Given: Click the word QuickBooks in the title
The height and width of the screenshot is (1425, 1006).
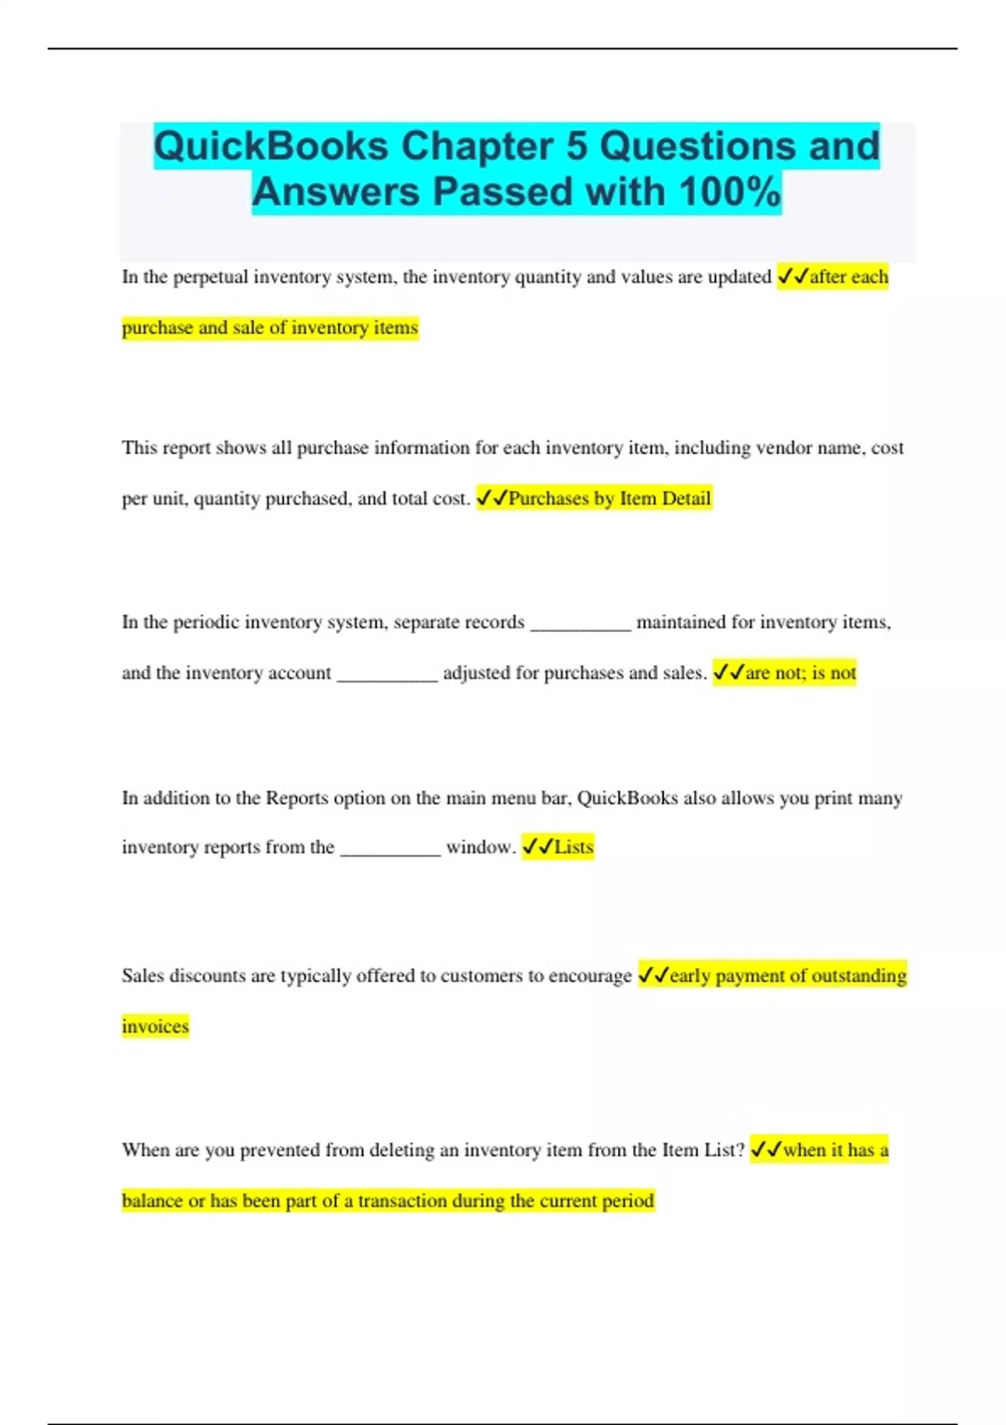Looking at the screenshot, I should (x=271, y=146).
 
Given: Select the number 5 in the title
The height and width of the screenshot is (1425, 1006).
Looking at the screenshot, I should (x=577, y=146).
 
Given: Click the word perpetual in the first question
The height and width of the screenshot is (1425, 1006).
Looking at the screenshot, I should (x=210, y=277).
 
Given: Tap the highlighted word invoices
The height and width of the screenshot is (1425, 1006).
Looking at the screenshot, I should (x=155, y=1027).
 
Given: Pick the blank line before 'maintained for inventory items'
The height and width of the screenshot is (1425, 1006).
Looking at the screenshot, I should (x=580, y=627).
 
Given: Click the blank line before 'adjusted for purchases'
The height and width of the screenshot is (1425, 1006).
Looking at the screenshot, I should (x=387, y=677).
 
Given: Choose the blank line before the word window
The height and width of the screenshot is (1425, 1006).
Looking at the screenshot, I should (x=391, y=852).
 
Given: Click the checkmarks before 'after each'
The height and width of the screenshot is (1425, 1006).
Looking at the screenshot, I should (x=792, y=277).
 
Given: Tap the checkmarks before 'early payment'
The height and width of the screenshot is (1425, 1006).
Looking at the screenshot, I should (x=653, y=976).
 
